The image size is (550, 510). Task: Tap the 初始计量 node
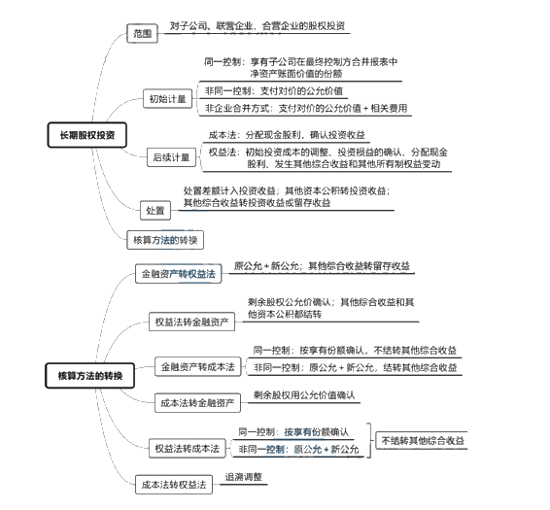click(167, 99)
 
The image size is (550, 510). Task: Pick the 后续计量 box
click(172, 156)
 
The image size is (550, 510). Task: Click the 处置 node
click(155, 210)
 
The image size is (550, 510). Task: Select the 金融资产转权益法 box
click(178, 275)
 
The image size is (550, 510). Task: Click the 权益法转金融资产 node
click(192, 322)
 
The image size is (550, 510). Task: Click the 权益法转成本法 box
click(188, 449)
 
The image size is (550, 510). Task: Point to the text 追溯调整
click(244, 476)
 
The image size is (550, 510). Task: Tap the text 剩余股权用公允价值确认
click(304, 395)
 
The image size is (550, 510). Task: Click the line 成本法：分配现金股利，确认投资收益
click(288, 135)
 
